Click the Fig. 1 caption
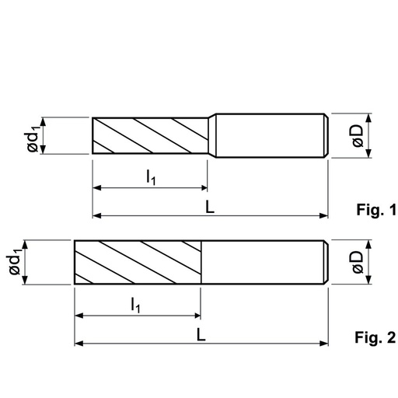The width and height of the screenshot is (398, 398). click(x=376, y=209)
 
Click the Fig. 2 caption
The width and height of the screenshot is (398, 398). click(x=375, y=337)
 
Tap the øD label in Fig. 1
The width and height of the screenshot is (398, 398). click(x=358, y=136)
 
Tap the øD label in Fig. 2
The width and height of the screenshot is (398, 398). click(x=358, y=262)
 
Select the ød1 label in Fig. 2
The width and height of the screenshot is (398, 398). click(x=14, y=261)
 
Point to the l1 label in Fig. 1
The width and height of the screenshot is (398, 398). click(x=151, y=177)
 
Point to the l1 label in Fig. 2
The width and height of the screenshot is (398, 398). click(x=135, y=305)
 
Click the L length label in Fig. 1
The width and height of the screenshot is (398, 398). click(x=210, y=207)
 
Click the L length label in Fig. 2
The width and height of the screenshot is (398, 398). click(x=201, y=334)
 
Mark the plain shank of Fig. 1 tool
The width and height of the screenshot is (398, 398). click(x=271, y=135)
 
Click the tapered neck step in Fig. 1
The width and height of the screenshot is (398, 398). click(x=212, y=135)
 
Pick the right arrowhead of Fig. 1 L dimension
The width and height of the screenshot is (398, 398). click(x=324, y=215)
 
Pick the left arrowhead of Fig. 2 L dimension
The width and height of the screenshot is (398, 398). click(x=79, y=344)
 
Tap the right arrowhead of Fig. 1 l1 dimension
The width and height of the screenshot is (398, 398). click(x=204, y=188)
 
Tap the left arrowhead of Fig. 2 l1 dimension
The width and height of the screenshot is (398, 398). click(x=79, y=316)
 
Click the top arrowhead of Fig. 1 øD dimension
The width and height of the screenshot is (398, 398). click(x=369, y=118)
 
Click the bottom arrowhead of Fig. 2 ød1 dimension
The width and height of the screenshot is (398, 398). click(x=25, y=280)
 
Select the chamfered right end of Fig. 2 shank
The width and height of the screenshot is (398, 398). click(x=326, y=262)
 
